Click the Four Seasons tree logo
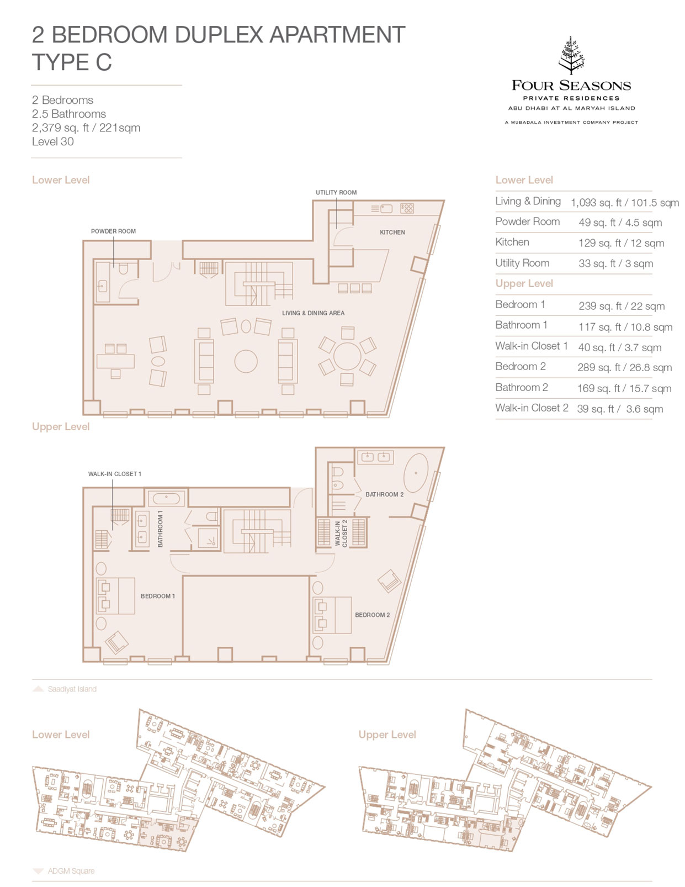click(571, 55)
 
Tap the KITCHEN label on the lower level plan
click(392, 233)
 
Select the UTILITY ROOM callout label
click(336, 192)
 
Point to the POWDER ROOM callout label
click(113, 231)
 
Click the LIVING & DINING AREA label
click(314, 313)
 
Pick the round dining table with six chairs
click(347, 356)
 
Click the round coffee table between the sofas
click(246, 361)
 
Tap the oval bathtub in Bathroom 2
click(416, 473)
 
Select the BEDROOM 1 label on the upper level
click(158, 596)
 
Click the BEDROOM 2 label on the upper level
click(372, 615)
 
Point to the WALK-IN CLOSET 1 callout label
click(115, 474)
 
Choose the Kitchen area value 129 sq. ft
click(621, 243)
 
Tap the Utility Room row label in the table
click(522, 263)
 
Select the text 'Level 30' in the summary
click(53, 141)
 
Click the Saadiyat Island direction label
click(72, 689)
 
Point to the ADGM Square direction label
click(71, 870)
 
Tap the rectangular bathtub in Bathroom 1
click(166, 499)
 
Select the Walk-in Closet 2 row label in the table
click(532, 408)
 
